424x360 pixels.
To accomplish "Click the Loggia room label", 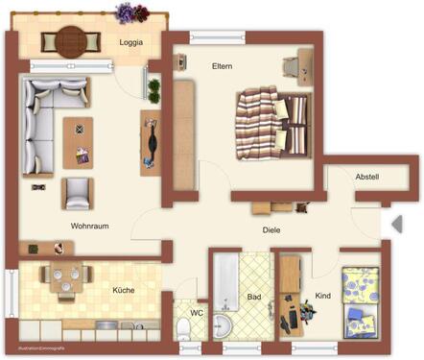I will point(131,43).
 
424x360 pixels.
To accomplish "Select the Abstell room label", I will point(366,177).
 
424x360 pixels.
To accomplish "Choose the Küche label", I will point(124,290).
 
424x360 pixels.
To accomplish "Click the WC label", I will point(197,313).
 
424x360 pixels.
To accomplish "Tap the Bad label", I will point(254,298).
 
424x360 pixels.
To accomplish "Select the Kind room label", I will point(322,296).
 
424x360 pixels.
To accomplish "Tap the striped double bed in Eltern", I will point(275,122).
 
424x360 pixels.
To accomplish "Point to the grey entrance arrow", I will point(395,224).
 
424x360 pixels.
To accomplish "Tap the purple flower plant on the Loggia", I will point(126,12).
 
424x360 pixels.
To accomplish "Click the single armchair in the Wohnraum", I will point(77,192).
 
